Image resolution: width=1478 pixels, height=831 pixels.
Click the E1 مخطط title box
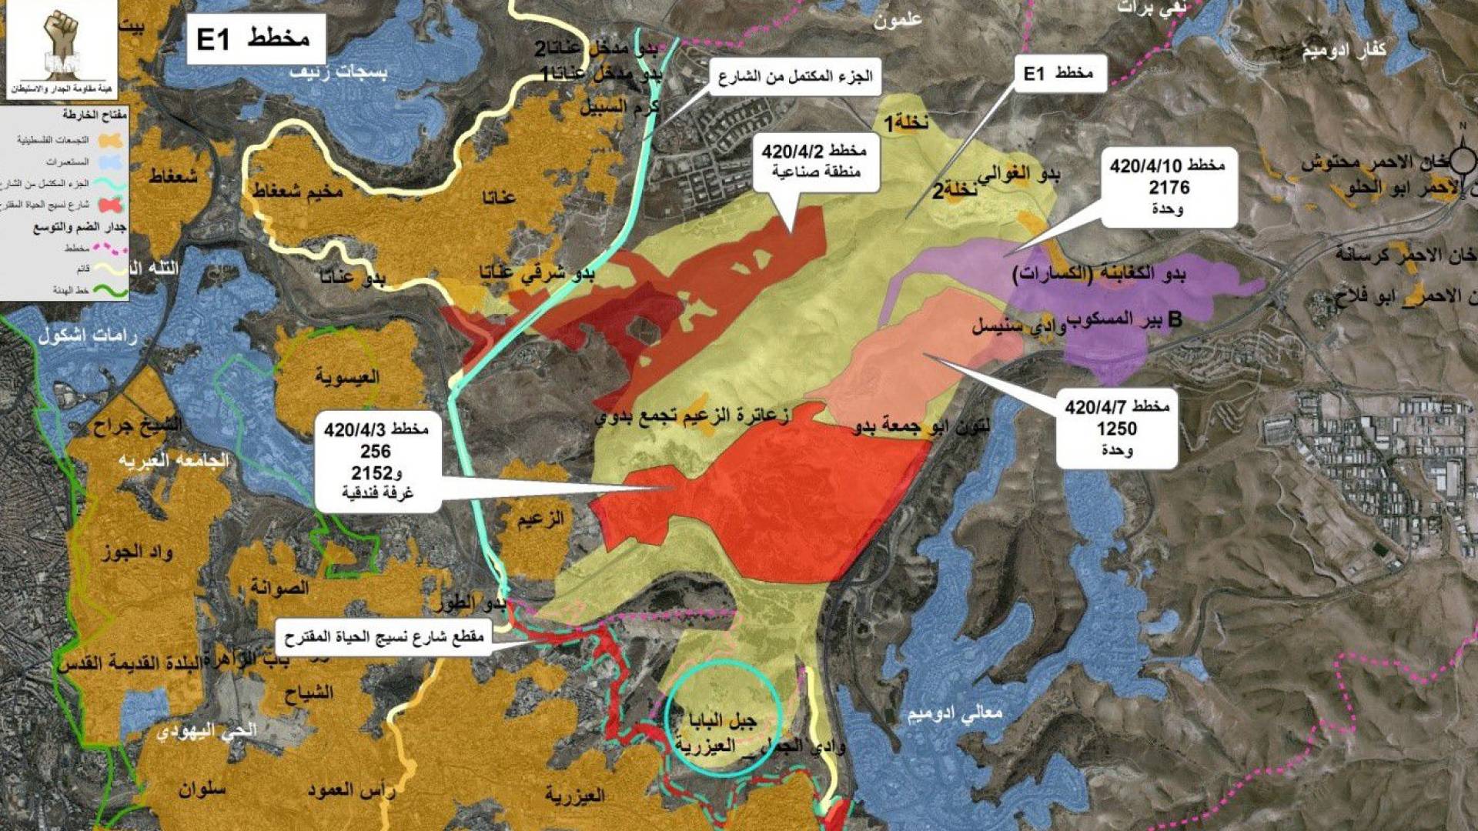coord(255,38)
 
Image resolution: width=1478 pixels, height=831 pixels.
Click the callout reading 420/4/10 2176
coord(1168,187)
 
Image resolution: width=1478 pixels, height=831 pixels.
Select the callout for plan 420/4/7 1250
coord(1116,428)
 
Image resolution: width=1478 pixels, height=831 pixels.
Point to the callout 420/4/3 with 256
coord(376,461)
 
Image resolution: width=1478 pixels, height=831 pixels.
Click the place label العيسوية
coord(347,377)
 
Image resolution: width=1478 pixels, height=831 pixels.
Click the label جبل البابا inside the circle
coord(721,720)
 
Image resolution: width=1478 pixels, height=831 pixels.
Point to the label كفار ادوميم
coord(1343,51)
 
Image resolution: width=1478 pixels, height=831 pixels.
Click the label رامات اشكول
coord(87,336)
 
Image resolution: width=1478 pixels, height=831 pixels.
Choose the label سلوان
coord(202,789)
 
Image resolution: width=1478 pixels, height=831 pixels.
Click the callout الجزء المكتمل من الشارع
coord(794,77)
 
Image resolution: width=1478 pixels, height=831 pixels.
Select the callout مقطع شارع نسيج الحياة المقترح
coord(383,638)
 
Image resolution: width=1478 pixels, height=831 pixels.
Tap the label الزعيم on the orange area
coord(540,519)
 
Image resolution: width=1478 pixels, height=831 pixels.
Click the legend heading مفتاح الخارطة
coord(95,115)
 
